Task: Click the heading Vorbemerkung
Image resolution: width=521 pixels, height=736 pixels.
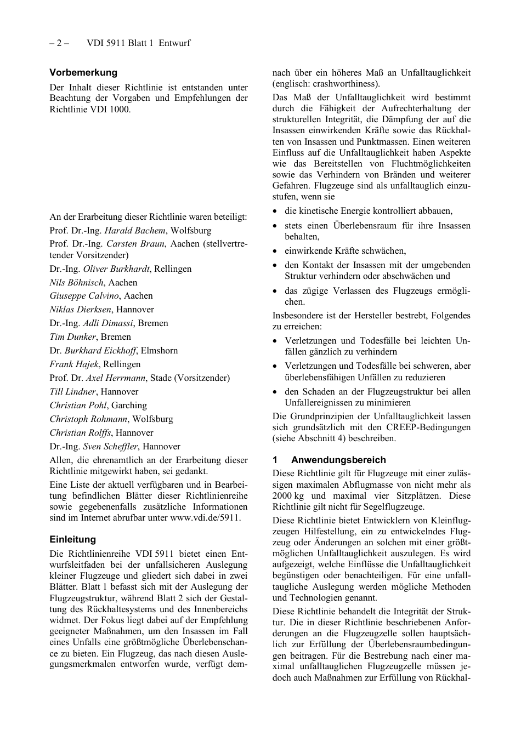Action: point(83,72)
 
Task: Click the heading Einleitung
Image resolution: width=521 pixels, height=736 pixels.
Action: point(72,539)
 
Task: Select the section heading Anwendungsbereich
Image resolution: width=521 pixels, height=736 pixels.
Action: point(338,460)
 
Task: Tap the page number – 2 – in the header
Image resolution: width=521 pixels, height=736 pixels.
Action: point(59,43)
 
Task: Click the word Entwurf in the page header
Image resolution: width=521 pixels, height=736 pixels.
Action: point(174,43)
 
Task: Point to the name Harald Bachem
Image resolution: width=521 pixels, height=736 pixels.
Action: point(134,230)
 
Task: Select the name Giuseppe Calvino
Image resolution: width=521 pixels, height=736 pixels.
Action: point(84,295)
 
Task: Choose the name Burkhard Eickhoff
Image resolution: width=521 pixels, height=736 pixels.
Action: point(100,350)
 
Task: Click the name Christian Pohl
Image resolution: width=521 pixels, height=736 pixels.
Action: point(78,405)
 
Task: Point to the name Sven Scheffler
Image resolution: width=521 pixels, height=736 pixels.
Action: point(110,446)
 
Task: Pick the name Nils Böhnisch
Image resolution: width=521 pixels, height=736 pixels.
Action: point(77,282)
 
